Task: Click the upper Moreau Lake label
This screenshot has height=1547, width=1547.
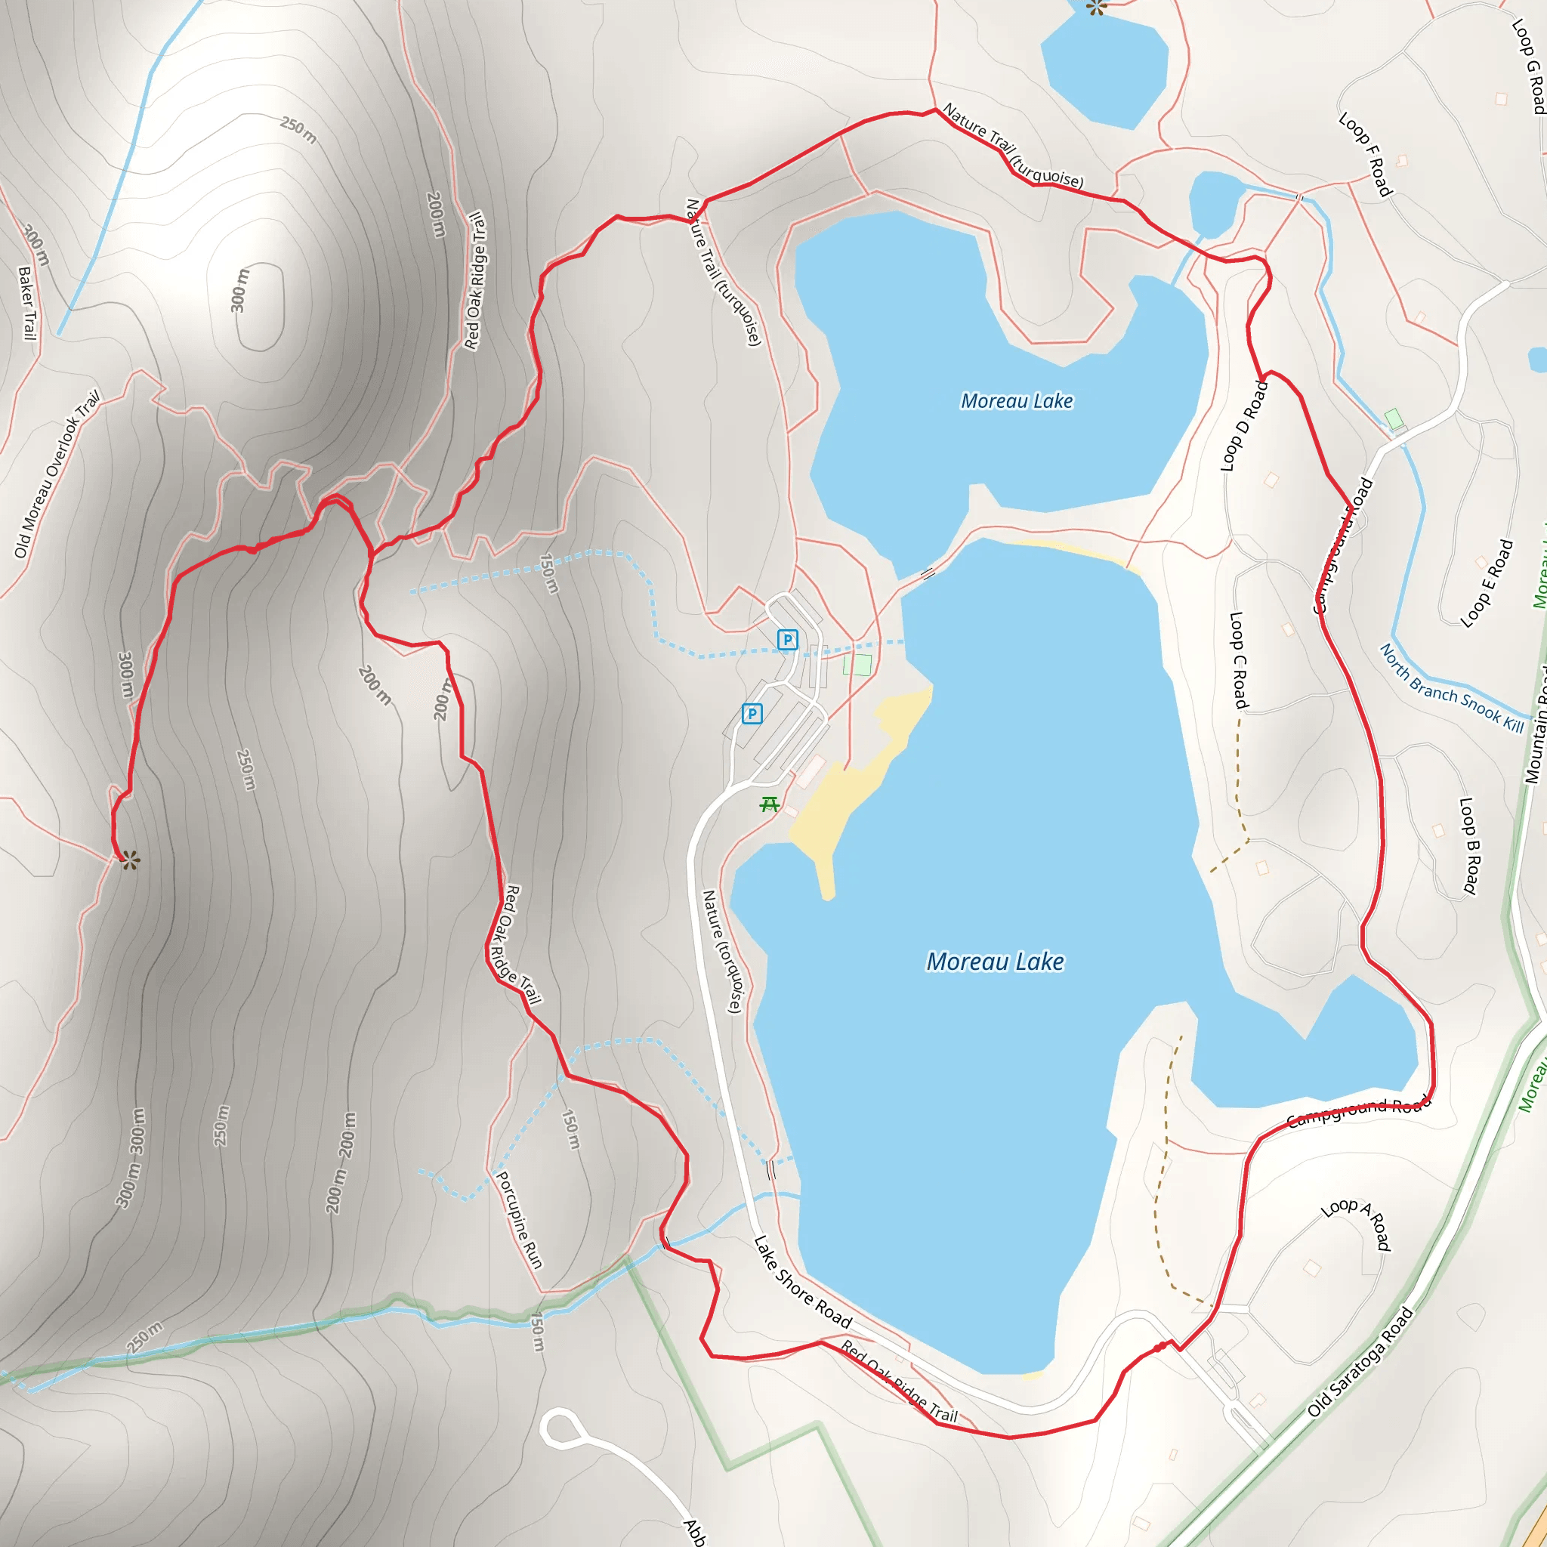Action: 1016,401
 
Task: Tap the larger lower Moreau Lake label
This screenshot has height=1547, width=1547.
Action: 995,962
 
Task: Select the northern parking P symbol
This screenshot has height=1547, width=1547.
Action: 787,640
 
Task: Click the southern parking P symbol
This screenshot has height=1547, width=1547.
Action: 751,713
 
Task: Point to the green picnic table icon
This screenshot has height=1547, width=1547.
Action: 770,804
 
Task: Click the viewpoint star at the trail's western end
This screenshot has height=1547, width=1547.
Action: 130,861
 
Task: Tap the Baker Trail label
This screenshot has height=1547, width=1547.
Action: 27,304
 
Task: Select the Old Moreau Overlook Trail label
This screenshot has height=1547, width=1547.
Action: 57,475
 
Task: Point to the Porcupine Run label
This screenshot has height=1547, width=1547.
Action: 519,1221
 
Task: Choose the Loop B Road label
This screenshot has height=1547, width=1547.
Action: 1469,845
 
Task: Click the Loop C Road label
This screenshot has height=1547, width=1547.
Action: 1239,661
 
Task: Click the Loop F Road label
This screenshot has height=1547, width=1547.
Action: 1366,154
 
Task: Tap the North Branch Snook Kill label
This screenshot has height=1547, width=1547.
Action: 1452,688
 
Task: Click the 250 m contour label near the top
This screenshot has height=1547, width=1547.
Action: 298,131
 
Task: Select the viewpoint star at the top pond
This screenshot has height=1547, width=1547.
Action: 1096,8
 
